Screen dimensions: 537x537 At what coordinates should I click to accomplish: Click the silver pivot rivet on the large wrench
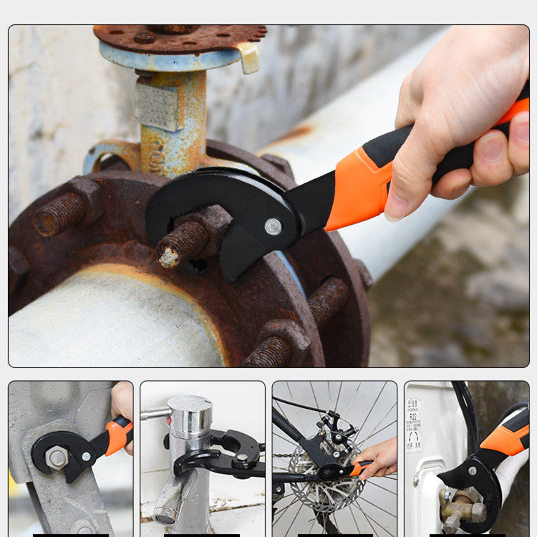coord(273,226)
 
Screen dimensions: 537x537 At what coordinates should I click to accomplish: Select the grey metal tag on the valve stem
coord(155,107)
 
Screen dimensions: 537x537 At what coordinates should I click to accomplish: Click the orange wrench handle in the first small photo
coord(119,434)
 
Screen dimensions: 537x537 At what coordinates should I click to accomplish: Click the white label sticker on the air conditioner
coord(414,425)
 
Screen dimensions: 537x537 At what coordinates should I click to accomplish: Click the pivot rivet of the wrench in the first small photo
coord(86,456)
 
